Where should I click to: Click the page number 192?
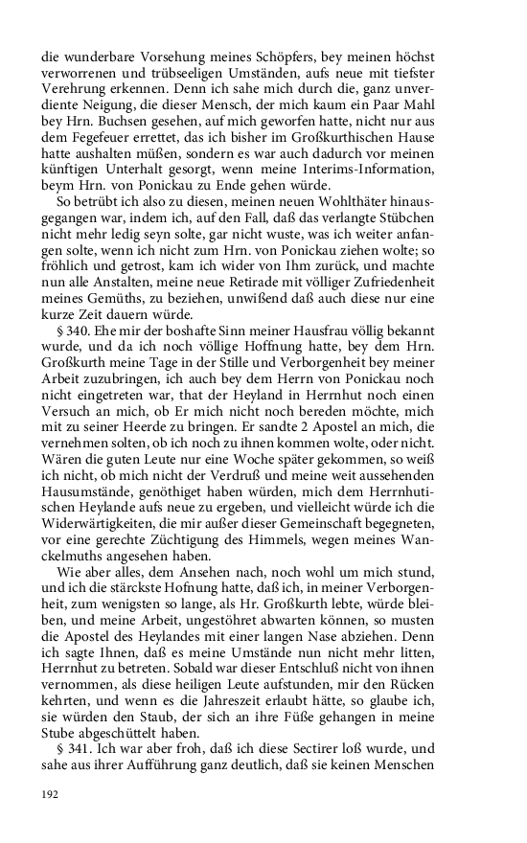[51, 794]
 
